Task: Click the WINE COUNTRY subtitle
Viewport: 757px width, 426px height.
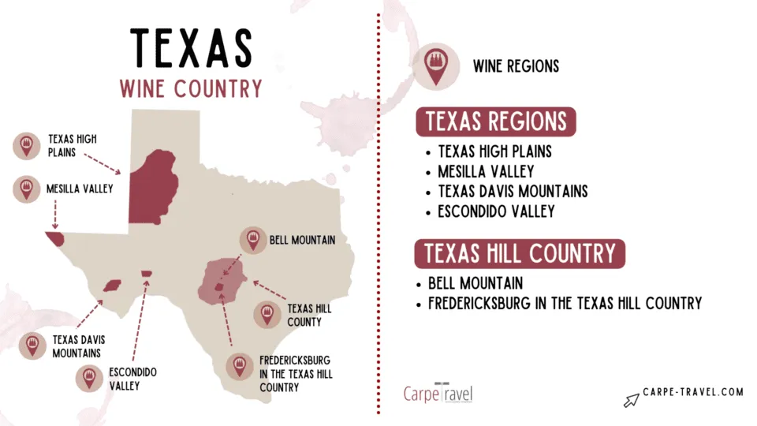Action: [191, 88]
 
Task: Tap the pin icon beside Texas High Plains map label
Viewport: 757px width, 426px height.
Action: [27, 145]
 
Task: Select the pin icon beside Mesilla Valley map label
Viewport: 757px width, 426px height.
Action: [27, 189]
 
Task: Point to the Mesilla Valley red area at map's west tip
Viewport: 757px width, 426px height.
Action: [54, 237]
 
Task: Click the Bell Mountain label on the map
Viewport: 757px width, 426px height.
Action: [302, 240]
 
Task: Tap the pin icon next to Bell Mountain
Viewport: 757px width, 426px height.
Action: [252, 240]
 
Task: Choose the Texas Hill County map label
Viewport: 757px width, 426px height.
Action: [309, 315]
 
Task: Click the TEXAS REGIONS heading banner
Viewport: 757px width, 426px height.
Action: [496, 122]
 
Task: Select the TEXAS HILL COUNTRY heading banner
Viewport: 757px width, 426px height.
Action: [520, 254]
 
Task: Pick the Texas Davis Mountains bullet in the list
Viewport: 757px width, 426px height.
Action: [513, 192]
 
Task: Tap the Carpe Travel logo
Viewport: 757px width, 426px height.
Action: [438, 392]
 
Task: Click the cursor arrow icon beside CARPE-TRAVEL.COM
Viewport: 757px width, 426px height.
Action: [631, 400]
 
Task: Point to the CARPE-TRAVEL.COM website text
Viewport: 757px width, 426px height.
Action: [694, 392]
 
